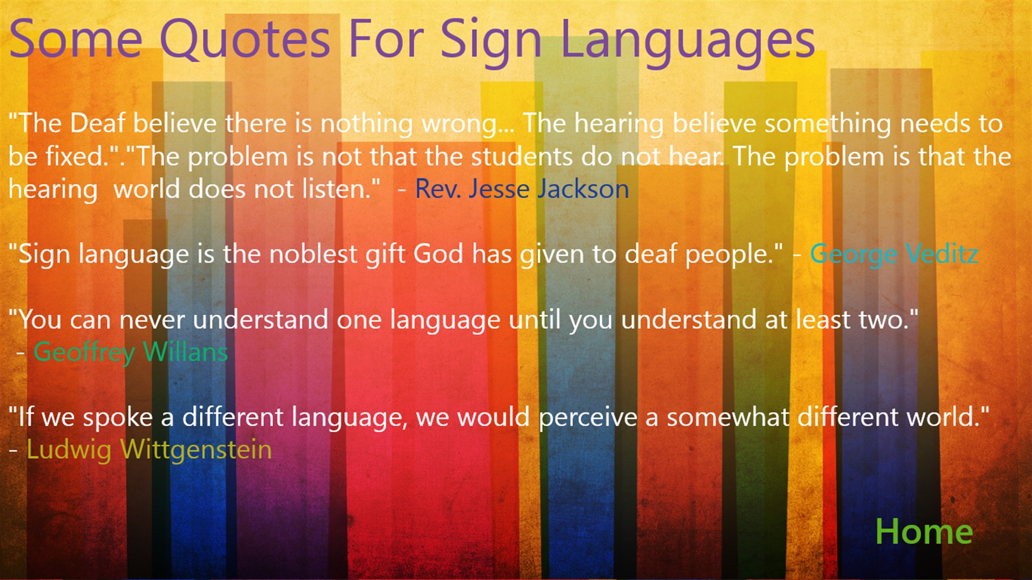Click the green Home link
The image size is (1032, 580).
coord(924,532)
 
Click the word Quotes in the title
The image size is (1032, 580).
coord(244,40)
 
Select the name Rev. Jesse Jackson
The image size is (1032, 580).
coord(522,189)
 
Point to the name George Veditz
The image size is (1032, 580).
coord(894,254)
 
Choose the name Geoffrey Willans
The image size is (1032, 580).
coord(131,352)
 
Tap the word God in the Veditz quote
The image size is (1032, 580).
coord(438,254)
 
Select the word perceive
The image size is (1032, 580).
coord(588,418)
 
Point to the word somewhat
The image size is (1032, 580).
coord(728,417)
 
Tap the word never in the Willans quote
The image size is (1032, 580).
coord(152,320)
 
